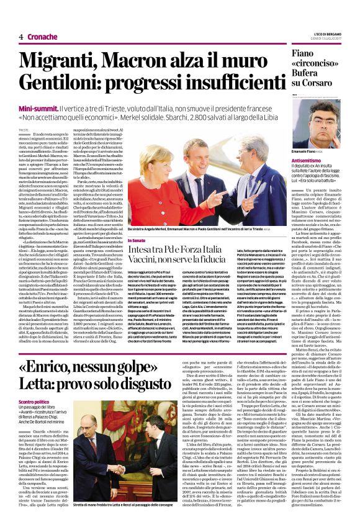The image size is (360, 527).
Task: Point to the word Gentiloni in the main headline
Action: tap(71, 84)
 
